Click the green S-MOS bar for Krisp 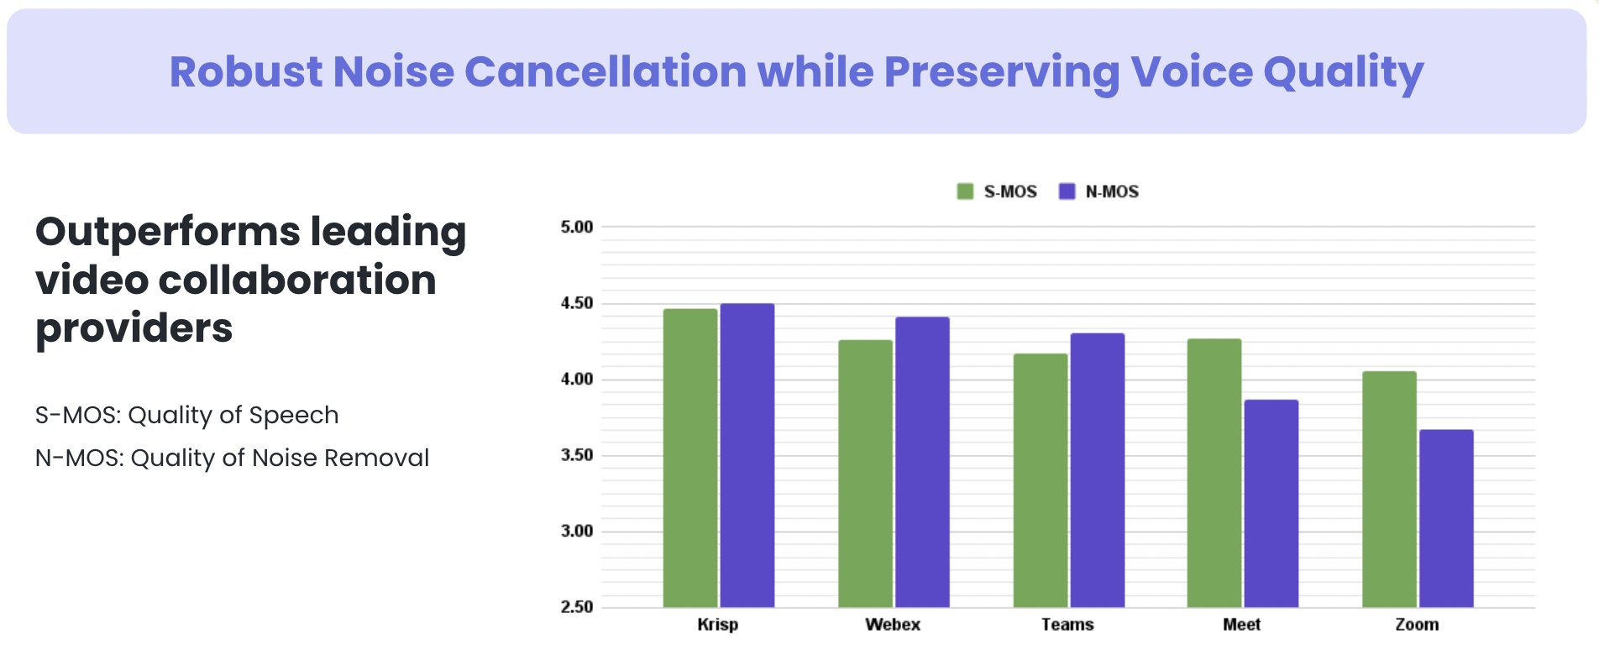click(690, 458)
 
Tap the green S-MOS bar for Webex click(865, 474)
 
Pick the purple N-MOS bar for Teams click(1097, 470)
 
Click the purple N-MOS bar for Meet click(1271, 503)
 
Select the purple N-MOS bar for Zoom click(1446, 518)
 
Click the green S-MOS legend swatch click(965, 191)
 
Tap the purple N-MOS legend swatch click(1067, 191)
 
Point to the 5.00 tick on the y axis click(577, 227)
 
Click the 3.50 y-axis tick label click(577, 455)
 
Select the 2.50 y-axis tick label click(577, 606)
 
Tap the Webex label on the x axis click(893, 625)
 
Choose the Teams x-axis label click(1067, 625)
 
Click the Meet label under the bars click(1241, 625)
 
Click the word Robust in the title click(245, 71)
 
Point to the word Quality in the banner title click(1343, 73)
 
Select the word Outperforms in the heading click(167, 232)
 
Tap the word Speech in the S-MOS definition click(293, 416)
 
